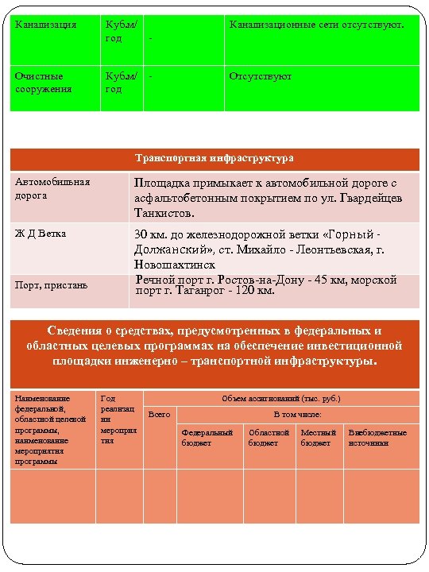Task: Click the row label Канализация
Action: pyautogui.click(x=46, y=25)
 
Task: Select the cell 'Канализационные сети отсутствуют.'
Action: pyautogui.click(x=316, y=25)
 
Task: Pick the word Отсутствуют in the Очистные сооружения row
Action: pyautogui.click(x=260, y=76)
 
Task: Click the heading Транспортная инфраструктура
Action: pyautogui.click(x=214, y=158)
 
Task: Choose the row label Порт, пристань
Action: pyautogui.click(x=52, y=284)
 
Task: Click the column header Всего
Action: pyautogui.click(x=159, y=414)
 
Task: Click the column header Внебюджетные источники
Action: pyautogui.click(x=377, y=437)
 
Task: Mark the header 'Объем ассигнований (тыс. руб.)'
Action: pyautogui.click(x=281, y=398)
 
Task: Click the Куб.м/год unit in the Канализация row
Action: pyautogui.click(x=122, y=32)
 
